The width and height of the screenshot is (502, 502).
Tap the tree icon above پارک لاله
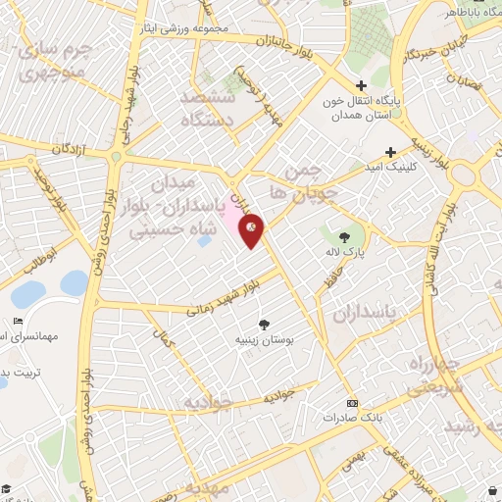tap(344, 237)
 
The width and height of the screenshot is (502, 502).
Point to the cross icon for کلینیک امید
tap(391, 152)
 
